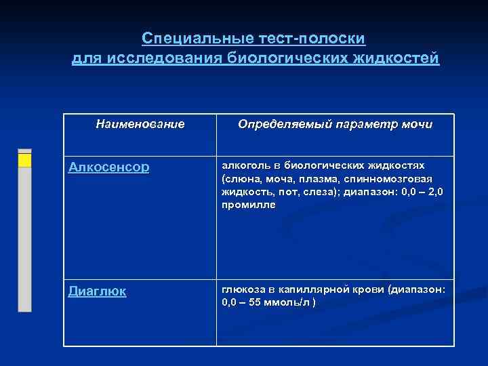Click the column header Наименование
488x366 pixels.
140,124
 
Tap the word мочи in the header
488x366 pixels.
415,125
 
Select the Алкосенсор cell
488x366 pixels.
108,167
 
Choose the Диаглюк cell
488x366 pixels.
98,291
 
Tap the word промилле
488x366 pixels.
249,204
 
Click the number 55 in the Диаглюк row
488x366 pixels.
255,302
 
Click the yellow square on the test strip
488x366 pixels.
24,160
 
